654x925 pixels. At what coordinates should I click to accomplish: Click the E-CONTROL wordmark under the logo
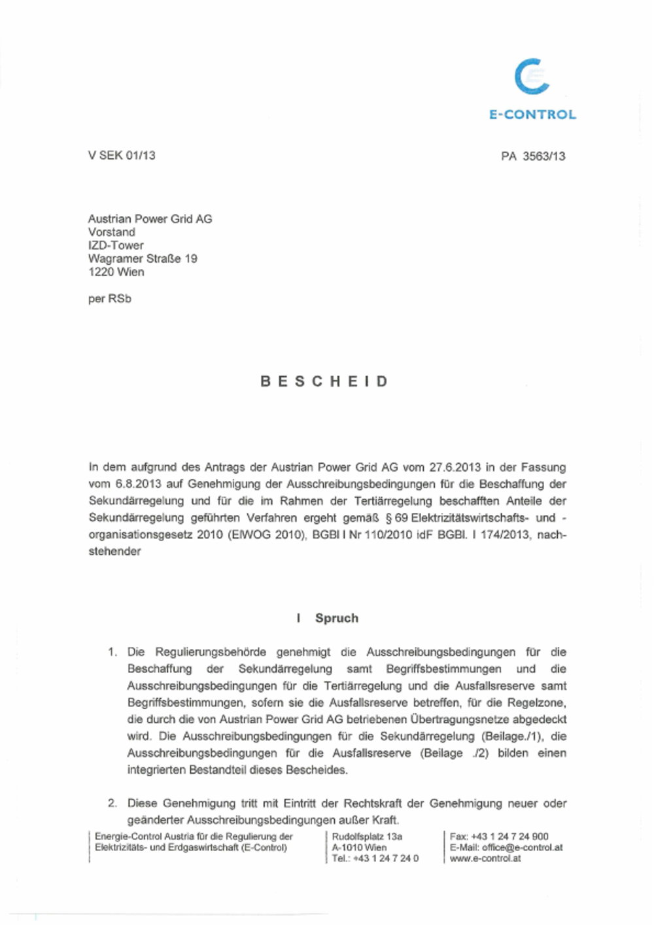click(532, 114)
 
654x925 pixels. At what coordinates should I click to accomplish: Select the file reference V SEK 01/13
click(122, 156)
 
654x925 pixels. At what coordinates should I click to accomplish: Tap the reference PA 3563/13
click(533, 156)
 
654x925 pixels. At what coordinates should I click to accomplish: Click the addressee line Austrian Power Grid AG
click(150, 219)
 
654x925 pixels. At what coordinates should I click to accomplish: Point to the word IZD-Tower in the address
click(116, 245)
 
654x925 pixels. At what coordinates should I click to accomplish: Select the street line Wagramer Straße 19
click(143, 258)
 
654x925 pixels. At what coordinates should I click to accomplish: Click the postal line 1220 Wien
click(116, 271)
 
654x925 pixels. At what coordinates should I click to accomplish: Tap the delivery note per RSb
click(109, 298)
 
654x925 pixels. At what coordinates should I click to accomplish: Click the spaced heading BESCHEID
click(325, 381)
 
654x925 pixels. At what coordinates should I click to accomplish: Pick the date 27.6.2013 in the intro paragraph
click(455, 468)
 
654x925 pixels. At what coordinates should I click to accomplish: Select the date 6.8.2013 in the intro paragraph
click(137, 485)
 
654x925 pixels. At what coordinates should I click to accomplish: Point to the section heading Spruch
click(336, 618)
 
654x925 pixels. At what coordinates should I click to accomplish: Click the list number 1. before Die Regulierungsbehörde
click(112, 652)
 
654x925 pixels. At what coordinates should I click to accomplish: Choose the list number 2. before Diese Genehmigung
click(112, 803)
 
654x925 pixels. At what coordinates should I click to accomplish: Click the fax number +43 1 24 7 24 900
click(511, 837)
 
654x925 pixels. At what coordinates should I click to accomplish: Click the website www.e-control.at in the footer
click(485, 858)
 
